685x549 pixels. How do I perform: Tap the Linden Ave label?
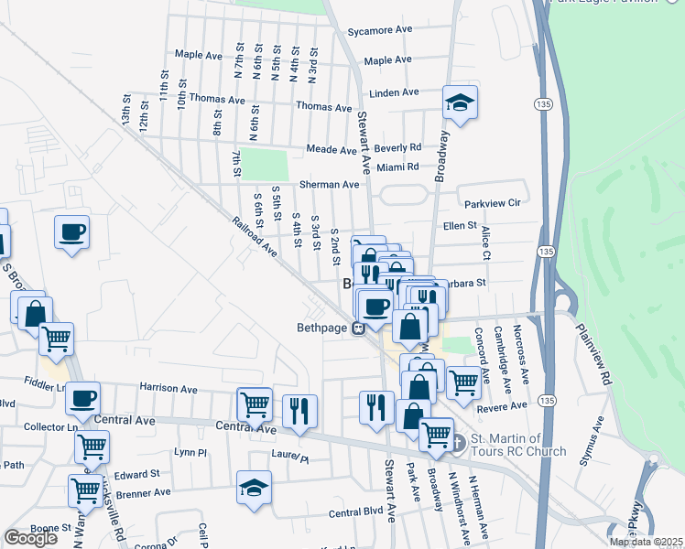[394, 92]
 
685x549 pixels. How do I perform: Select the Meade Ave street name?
[331, 149]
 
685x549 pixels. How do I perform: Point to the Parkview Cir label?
[492, 202]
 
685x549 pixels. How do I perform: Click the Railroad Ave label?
[255, 234]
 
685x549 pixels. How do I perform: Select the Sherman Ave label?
[329, 184]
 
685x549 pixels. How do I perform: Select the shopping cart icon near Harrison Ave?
[254, 404]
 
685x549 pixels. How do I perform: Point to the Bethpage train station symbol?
[360, 328]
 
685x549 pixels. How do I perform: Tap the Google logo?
[31, 538]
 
